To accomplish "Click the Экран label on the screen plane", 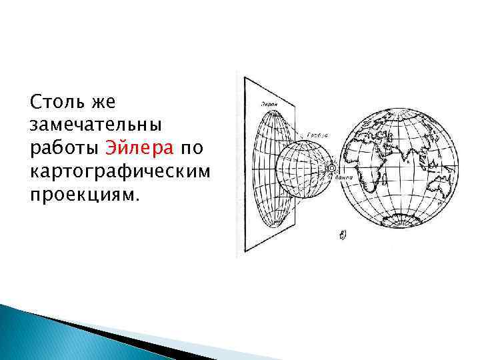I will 268,104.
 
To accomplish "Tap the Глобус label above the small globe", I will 322,133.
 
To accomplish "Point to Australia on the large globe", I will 439,183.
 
